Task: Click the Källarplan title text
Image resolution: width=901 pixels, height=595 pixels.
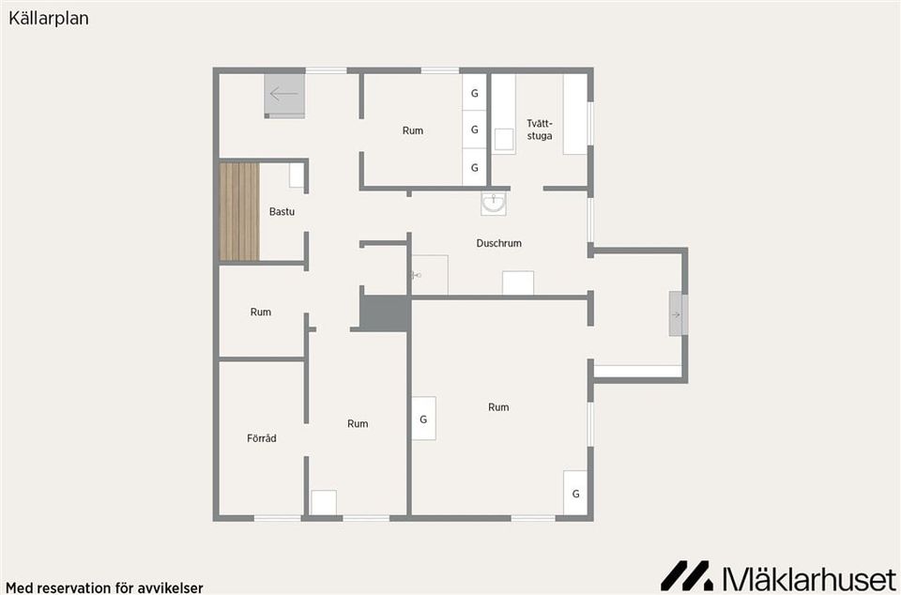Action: pos(48,19)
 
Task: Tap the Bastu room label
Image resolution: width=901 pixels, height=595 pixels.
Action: pos(282,211)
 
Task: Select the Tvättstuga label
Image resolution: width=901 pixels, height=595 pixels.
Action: pos(540,130)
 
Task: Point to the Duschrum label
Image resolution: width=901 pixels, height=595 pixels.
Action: pos(498,243)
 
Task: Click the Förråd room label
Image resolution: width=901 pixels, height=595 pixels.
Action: pos(262,437)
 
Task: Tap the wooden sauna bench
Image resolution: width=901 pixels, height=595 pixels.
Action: pos(239,211)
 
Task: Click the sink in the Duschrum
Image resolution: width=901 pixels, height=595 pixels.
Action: pos(494,204)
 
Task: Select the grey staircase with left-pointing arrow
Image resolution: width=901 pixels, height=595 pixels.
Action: pos(284,96)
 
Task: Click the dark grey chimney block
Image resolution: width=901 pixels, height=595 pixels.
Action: pos(385,313)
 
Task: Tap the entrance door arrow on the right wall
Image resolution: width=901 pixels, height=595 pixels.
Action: pos(677,314)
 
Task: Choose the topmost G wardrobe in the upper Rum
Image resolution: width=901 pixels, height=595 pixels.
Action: pos(475,93)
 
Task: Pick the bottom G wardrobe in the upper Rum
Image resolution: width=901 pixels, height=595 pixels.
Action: pos(475,168)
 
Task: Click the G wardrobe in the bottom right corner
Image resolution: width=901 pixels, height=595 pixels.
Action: pos(575,493)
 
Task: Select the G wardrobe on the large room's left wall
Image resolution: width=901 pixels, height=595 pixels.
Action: pos(423,419)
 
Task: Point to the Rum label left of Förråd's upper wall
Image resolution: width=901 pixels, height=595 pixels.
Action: pos(260,312)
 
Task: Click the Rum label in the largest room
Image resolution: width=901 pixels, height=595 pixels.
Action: pos(498,406)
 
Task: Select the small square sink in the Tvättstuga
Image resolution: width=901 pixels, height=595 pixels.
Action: pos(504,139)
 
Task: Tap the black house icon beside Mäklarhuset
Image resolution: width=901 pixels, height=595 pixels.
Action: pos(687,575)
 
